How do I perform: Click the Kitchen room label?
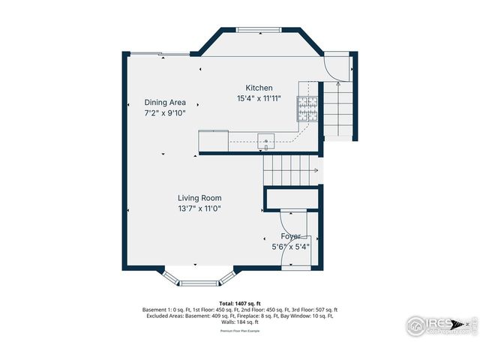(x=259, y=88)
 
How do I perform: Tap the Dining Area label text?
(x=165, y=103)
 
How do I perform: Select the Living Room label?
(x=199, y=198)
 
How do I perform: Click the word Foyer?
(x=290, y=236)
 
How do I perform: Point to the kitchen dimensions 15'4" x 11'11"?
(x=259, y=98)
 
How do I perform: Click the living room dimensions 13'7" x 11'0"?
(x=199, y=208)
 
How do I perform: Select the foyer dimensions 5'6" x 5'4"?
(x=290, y=246)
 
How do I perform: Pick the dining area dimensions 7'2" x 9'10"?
(x=165, y=113)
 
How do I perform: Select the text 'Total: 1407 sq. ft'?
(x=239, y=304)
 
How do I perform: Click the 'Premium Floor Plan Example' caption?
(x=239, y=330)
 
